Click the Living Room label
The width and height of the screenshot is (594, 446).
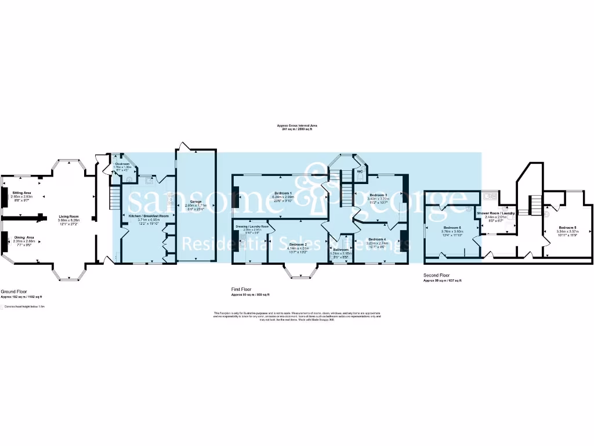[68, 217]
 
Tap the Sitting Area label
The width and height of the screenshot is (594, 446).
[21, 192]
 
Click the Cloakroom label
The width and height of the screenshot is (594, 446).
[122, 164]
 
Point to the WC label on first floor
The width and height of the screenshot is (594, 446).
[360, 172]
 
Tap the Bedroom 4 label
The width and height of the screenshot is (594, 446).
[377, 239]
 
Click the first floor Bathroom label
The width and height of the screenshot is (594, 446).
[341, 250]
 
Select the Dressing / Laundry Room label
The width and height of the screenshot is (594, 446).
[252, 226]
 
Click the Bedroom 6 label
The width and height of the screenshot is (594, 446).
[452, 228]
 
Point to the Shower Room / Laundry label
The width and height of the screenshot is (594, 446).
[496, 213]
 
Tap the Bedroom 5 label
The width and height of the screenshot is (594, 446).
[567, 228]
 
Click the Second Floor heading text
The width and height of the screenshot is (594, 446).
[436, 275]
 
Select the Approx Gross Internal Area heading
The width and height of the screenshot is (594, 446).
[297, 125]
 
